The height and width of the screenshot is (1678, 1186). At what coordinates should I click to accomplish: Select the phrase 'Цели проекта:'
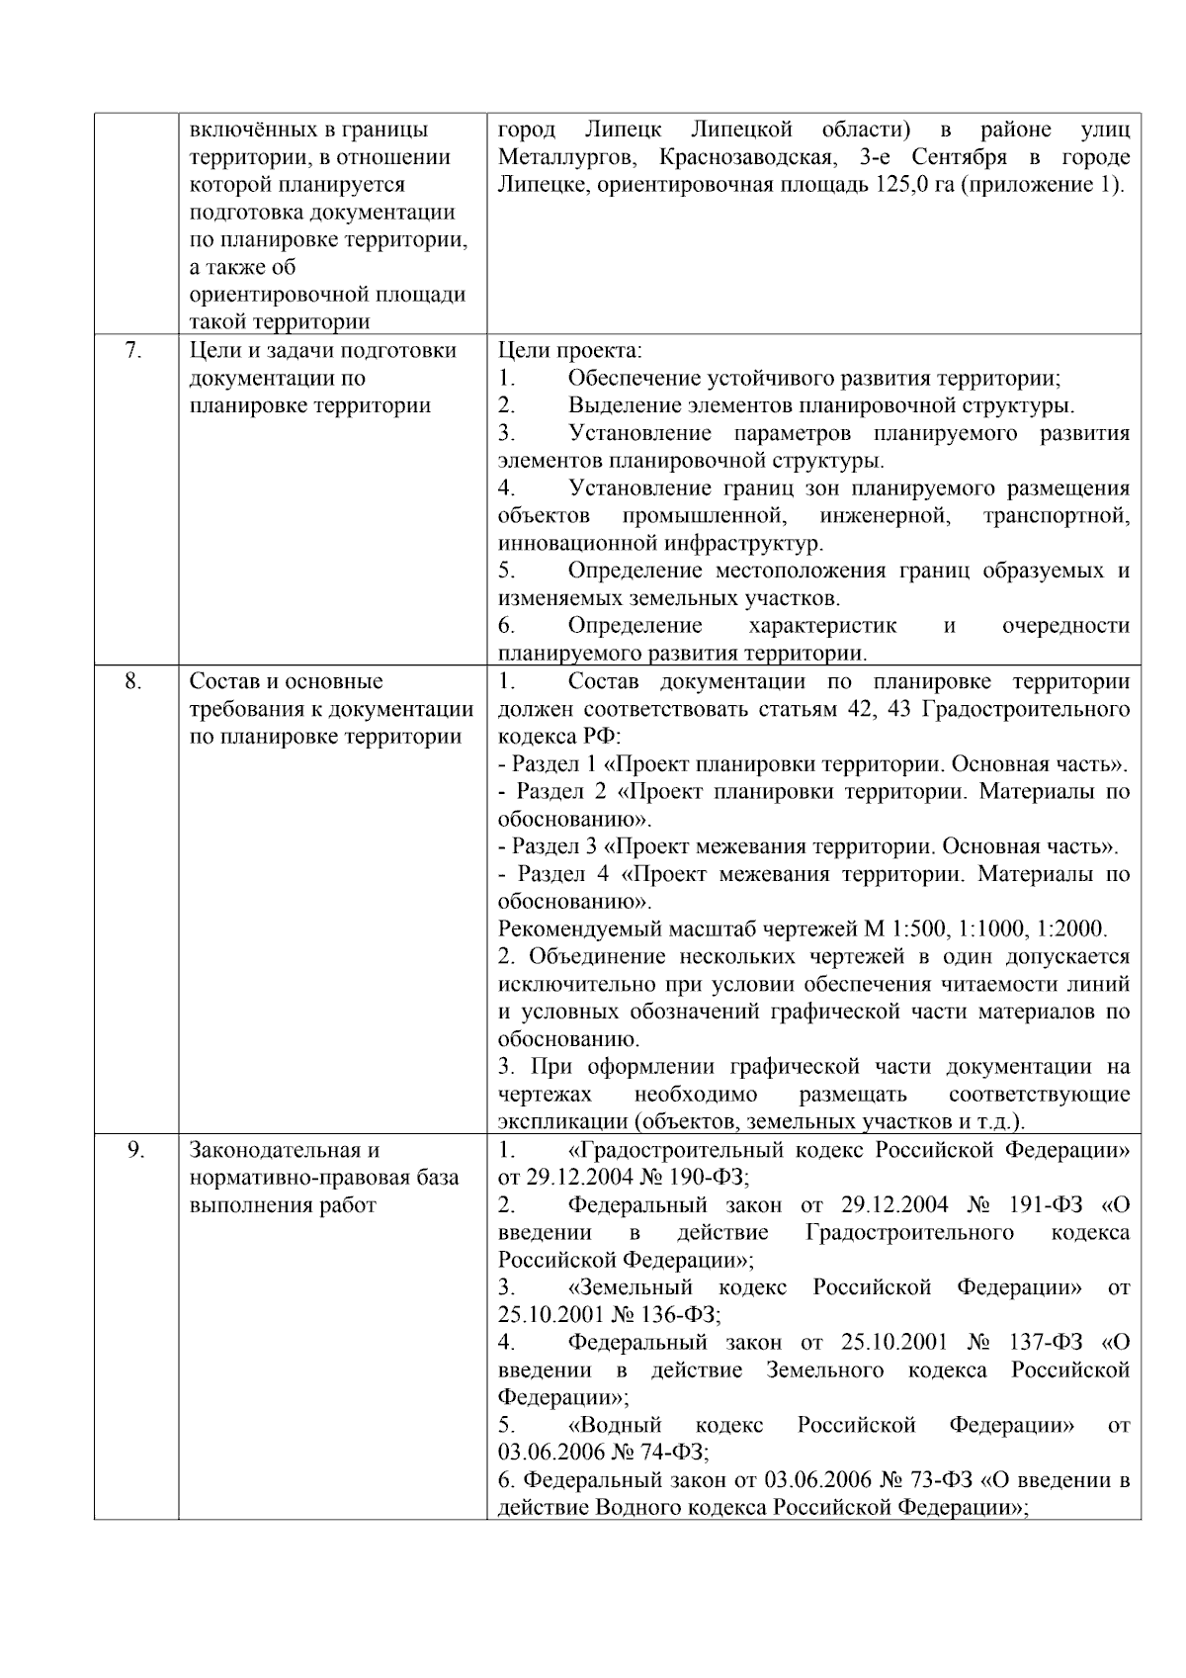tap(569, 350)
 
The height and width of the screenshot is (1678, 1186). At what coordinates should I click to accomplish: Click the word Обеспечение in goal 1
tap(637, 378)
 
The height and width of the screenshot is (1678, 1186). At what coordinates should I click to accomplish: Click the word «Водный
tap(615, 1425)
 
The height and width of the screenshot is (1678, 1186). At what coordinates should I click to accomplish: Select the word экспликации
tap(562, 1122)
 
